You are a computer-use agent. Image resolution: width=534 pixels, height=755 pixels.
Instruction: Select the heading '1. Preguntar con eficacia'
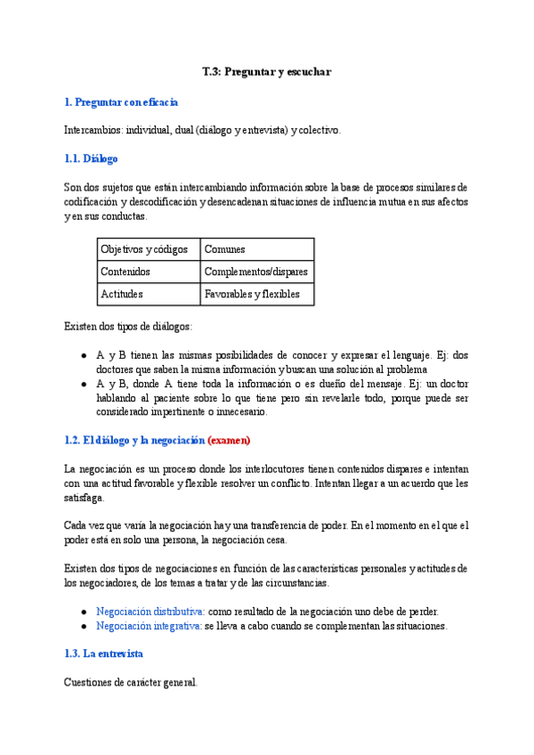[x=121, y=102]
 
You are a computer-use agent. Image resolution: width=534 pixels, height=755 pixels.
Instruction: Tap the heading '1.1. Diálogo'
[x=91, y=159]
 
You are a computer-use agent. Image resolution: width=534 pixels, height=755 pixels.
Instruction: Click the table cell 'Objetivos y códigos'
[x=140, y=250]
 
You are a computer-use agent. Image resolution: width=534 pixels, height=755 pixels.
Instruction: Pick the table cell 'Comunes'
[x=224, y=250]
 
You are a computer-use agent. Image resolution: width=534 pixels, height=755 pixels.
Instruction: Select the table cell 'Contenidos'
[x=125, y=272]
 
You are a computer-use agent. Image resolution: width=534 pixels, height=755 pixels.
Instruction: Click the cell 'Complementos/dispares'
[x=256, y=272]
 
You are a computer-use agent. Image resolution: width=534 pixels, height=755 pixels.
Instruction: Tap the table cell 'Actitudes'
[x=122, y=294]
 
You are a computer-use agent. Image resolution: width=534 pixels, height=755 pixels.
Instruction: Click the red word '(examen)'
[x=229, y=440]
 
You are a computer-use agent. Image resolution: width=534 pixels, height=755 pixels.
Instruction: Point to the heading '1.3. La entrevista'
[x=103, y=654]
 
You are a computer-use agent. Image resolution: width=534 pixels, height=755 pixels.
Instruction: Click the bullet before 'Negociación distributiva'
[x=84, y=613]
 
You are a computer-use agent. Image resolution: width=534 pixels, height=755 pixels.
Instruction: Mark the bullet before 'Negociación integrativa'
[x=84, y=627]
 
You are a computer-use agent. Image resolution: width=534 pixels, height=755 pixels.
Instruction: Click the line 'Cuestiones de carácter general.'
[x=131, y=683]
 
